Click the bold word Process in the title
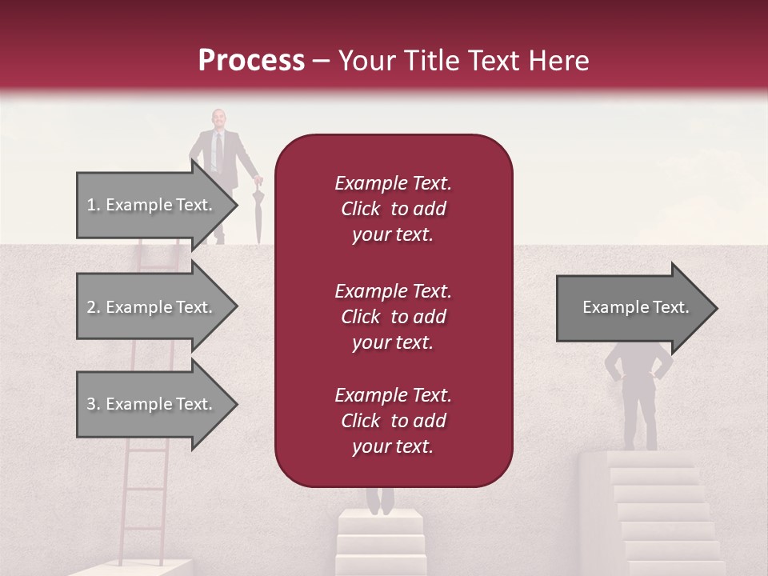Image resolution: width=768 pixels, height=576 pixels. (251, 61)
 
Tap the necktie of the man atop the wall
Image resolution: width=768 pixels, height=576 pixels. (216, 151)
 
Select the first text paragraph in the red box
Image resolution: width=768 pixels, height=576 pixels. (393, 209)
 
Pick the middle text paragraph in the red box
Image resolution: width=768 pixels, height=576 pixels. (393, 317)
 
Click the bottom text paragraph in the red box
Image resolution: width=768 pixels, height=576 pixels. (393, 421)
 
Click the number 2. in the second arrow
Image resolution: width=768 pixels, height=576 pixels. (94, 307)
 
